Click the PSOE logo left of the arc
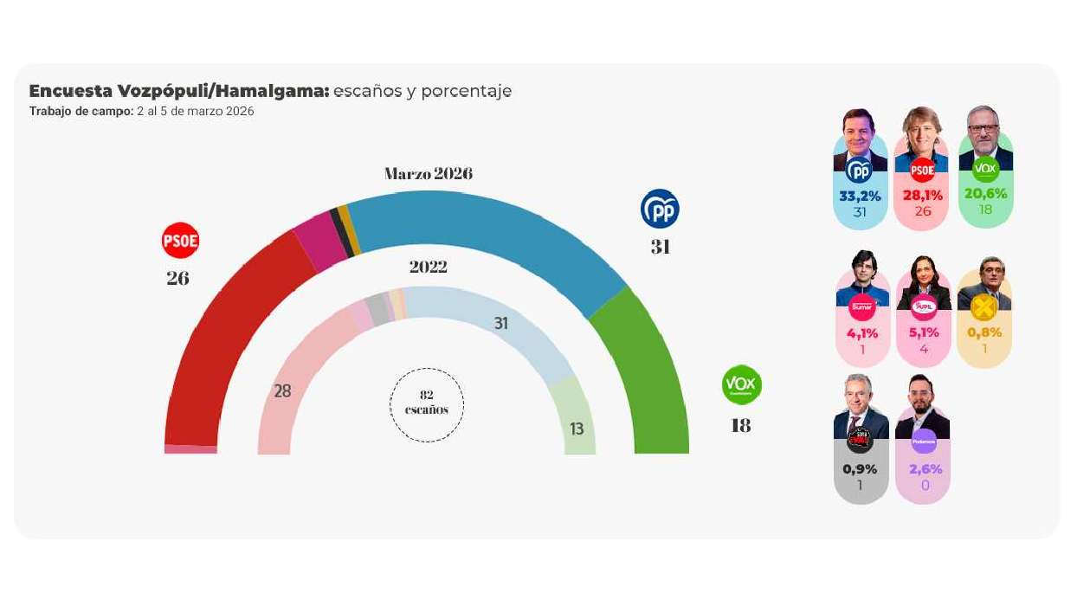click(181, 241)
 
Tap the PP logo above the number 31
click(660, 209)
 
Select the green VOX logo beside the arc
click(742, 384)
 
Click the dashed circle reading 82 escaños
click(427, 403)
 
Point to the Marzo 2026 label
click(429, 174)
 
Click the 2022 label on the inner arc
click(428, 267)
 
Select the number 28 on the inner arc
click(282, 391)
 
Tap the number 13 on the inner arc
click(577, 429)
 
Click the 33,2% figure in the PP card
click(860, 196)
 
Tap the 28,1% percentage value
click(922, 196)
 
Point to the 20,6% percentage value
click(985, 194)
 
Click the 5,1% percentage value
click(922, 333)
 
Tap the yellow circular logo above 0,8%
click(984, 307)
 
